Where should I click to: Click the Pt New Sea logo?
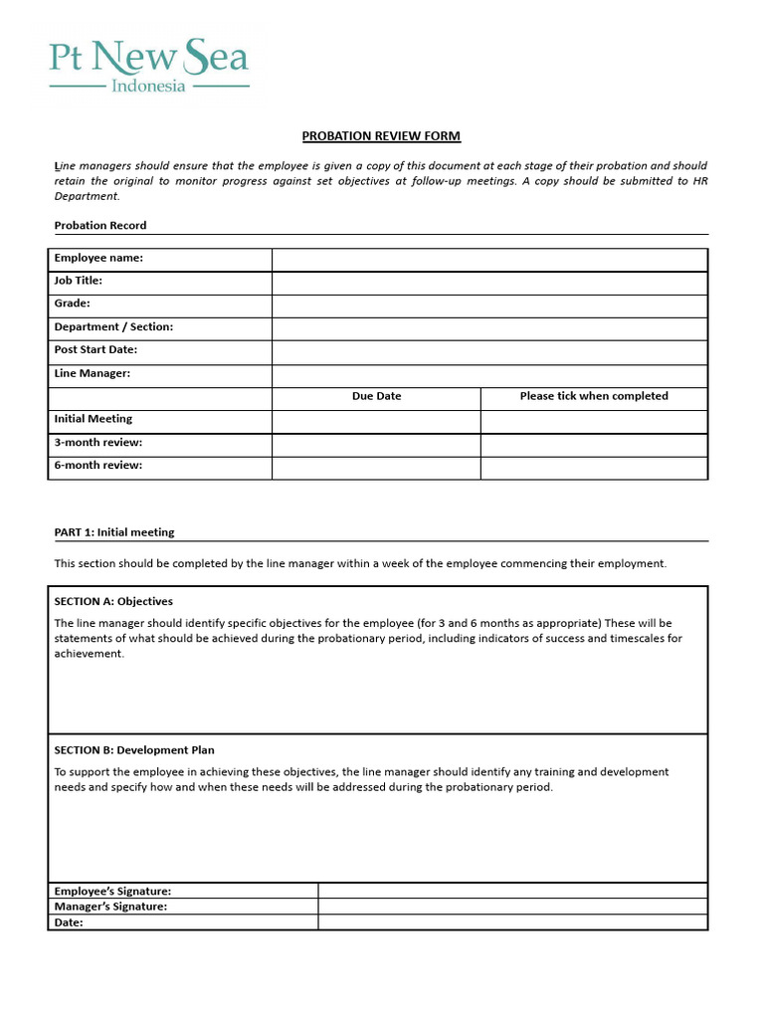click(149, 65)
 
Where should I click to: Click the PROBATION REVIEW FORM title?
click(381, 136)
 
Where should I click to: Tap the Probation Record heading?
click(100, 225)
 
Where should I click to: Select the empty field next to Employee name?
click(489, 259)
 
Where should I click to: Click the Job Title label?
click(79, 281)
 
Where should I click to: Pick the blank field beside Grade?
click(489, 305)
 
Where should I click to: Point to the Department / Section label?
click(113, 326)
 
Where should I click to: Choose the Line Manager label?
click(93, 373)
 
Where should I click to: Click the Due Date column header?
click(376, 396)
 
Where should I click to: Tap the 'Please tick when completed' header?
click(594, 396)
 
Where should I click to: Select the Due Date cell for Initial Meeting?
click(376, 420)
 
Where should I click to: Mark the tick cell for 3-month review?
click(594, 443)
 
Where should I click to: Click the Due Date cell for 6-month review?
click(376, 467)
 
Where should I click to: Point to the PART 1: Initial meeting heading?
click(114, 532)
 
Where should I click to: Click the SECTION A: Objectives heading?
click(113, 601)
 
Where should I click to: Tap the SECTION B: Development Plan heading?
click(134, 750)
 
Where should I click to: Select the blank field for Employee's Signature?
click(512, 891)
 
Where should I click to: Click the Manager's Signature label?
click(110, 907)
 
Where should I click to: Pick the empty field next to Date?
click(512, 922)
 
